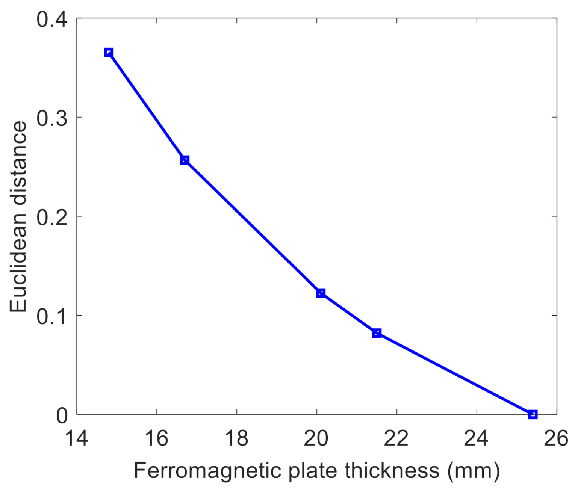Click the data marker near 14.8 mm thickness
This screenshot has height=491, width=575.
coord(109,53)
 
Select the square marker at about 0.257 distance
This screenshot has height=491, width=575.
coord(185,160)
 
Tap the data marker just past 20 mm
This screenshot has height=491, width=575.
coord(321,293)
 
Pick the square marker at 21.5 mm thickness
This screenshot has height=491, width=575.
coord(377,333)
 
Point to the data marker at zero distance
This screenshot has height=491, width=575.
coord(533,414)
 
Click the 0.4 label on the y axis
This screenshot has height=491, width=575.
coord(52,20)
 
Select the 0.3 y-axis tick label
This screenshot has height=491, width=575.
coord(52,118)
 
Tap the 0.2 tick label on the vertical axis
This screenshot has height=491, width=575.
coord(52,218)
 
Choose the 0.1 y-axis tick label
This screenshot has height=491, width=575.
coord(52,316)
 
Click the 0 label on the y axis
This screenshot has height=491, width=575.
coord(62,415)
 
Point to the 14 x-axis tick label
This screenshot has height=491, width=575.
coord(77,438)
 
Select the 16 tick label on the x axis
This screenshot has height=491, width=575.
coord(157,438)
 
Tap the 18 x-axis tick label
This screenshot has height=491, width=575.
coord(237,438)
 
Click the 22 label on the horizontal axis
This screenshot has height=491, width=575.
coord(396,438)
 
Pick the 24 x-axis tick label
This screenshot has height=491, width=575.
coord(477,438)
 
